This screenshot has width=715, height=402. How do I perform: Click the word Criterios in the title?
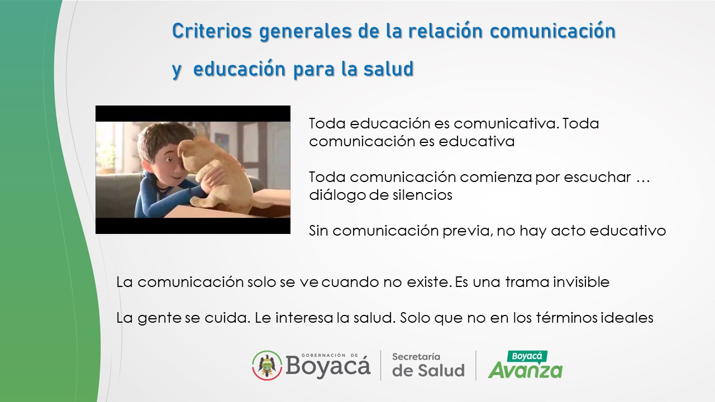coord(212,31)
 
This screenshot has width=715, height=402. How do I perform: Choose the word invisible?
coord(581,282)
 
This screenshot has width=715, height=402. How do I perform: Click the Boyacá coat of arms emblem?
coord(267,365)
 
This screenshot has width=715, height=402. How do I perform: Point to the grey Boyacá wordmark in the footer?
coord(328,366)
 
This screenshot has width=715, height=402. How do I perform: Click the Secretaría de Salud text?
coord(428,365)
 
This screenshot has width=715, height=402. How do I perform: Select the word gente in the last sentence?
coord(159,318)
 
